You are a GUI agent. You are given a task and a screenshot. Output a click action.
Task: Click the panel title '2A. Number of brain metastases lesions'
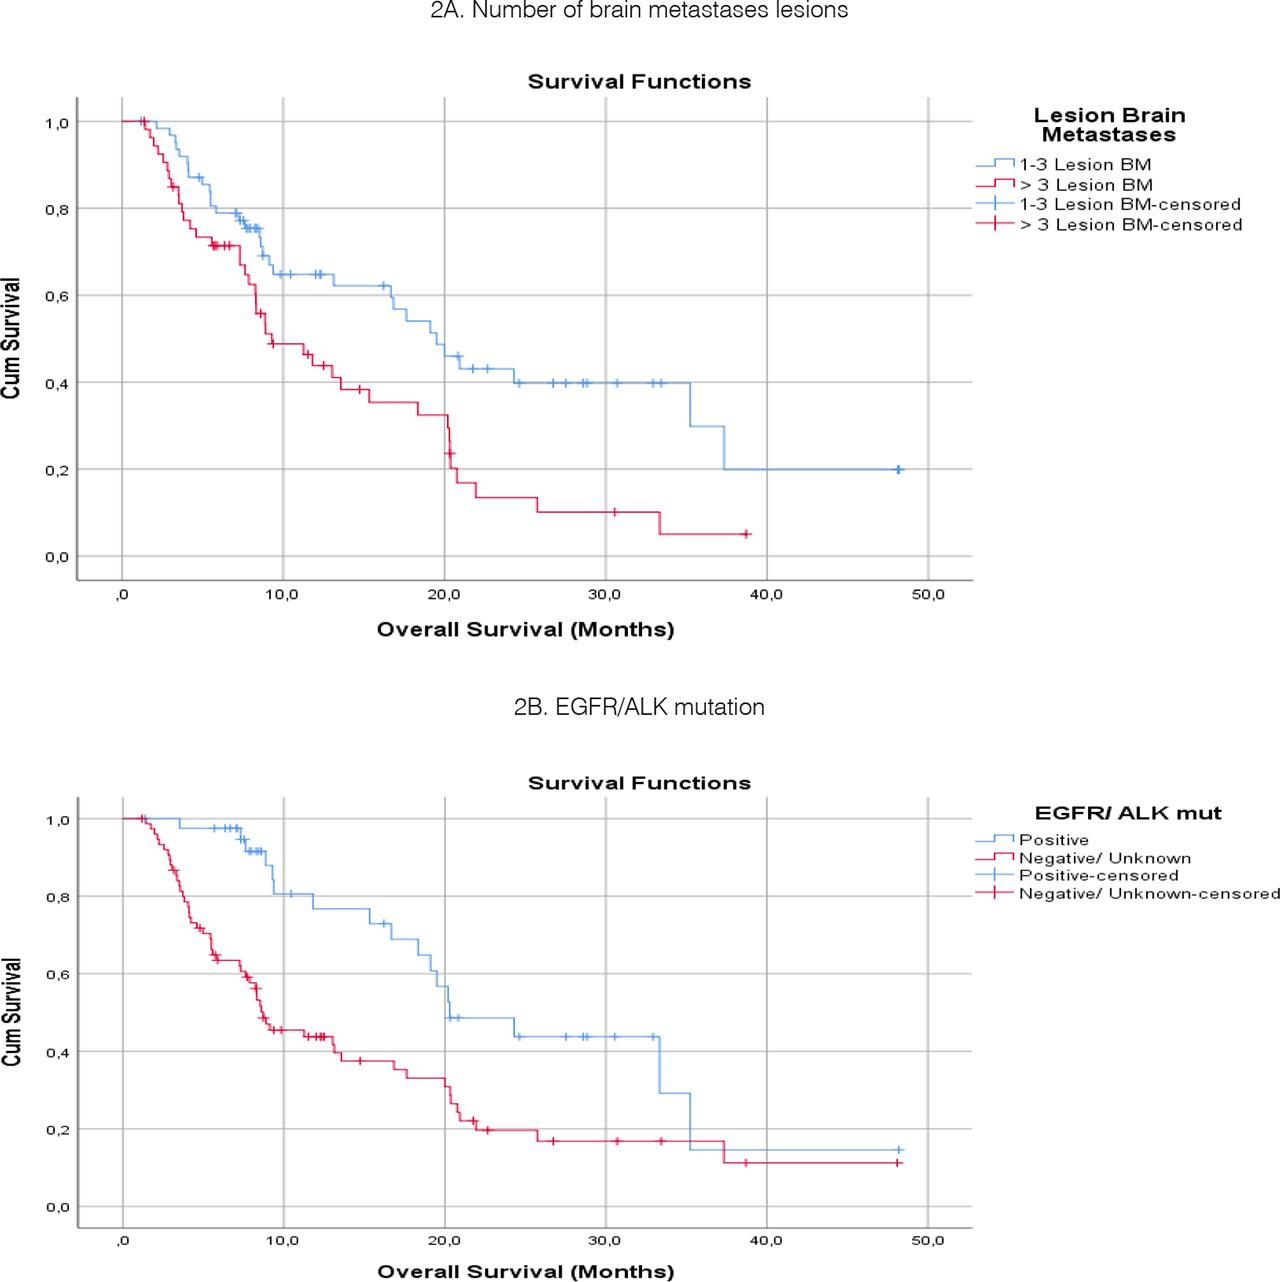click(639, 11)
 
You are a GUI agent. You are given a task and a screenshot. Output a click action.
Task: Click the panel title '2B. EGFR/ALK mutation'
click(639, 707)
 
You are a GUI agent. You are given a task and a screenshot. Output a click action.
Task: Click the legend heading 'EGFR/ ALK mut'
click(1127, 813)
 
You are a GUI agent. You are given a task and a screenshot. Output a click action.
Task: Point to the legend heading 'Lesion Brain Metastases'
click(1109, 125)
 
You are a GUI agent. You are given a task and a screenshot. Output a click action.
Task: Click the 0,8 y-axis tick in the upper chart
click(56, 209)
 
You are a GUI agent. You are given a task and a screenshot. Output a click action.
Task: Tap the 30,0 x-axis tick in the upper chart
click(604, 595)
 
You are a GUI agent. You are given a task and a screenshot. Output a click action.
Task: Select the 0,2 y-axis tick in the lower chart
click(56, 1130)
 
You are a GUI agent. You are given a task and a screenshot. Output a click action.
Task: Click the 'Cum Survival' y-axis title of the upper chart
click(11, 339)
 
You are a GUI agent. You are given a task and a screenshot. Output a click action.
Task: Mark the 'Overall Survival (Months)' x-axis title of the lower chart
click(525, 1272)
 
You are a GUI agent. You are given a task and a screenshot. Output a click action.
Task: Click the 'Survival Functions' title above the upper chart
click(639, 82)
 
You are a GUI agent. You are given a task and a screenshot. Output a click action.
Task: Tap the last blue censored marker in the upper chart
click(898, 469)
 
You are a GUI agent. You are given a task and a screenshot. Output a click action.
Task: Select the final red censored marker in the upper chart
click(745, 534)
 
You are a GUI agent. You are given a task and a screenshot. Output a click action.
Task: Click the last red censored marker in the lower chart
click(897, 1163)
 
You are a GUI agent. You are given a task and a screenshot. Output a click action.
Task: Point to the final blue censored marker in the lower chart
click(898, 1150)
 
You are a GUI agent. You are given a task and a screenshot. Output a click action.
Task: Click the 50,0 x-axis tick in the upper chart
click(927, 595)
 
